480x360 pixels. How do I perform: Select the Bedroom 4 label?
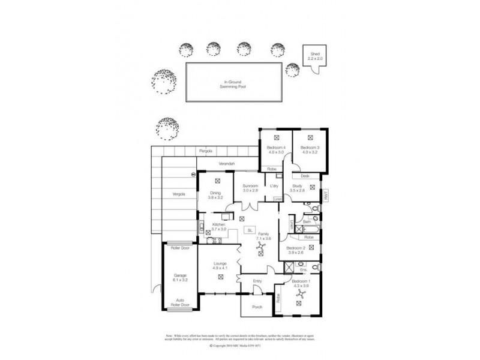coord(275,147)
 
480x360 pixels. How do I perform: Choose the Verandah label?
coord(226,164)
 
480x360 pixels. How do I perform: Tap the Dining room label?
coord(215,192)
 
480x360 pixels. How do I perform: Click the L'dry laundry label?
coord(274,187)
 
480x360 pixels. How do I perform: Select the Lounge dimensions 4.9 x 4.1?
coord(221,268)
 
